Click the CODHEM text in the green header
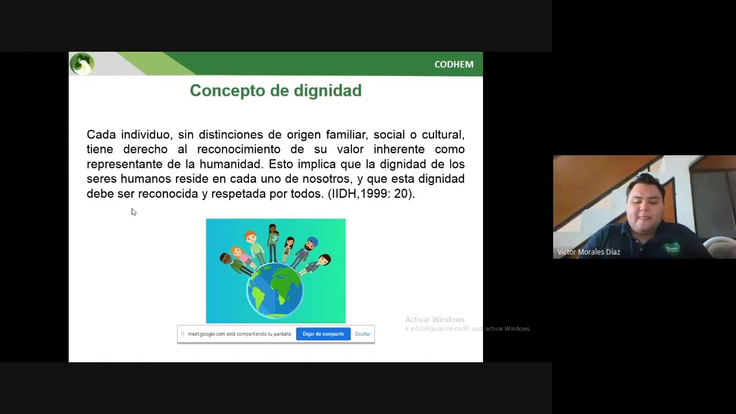(x=454, y=64)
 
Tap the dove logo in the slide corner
(x=82, y=63)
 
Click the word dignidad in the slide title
(x=327, y=91)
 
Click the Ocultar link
(x=362, y=334)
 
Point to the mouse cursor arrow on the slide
(x=133, y=212)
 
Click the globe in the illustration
(x=275, y=289)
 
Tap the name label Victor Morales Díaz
(x=588, y=252)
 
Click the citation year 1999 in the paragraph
(x=373, y=194)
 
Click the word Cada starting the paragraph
(x=101, y=135)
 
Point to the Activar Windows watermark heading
(x=435, y=320)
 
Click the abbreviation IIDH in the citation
(x=343, y=194)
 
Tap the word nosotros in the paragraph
(x=326, y=179)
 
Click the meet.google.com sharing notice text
(x=239, y=334)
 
